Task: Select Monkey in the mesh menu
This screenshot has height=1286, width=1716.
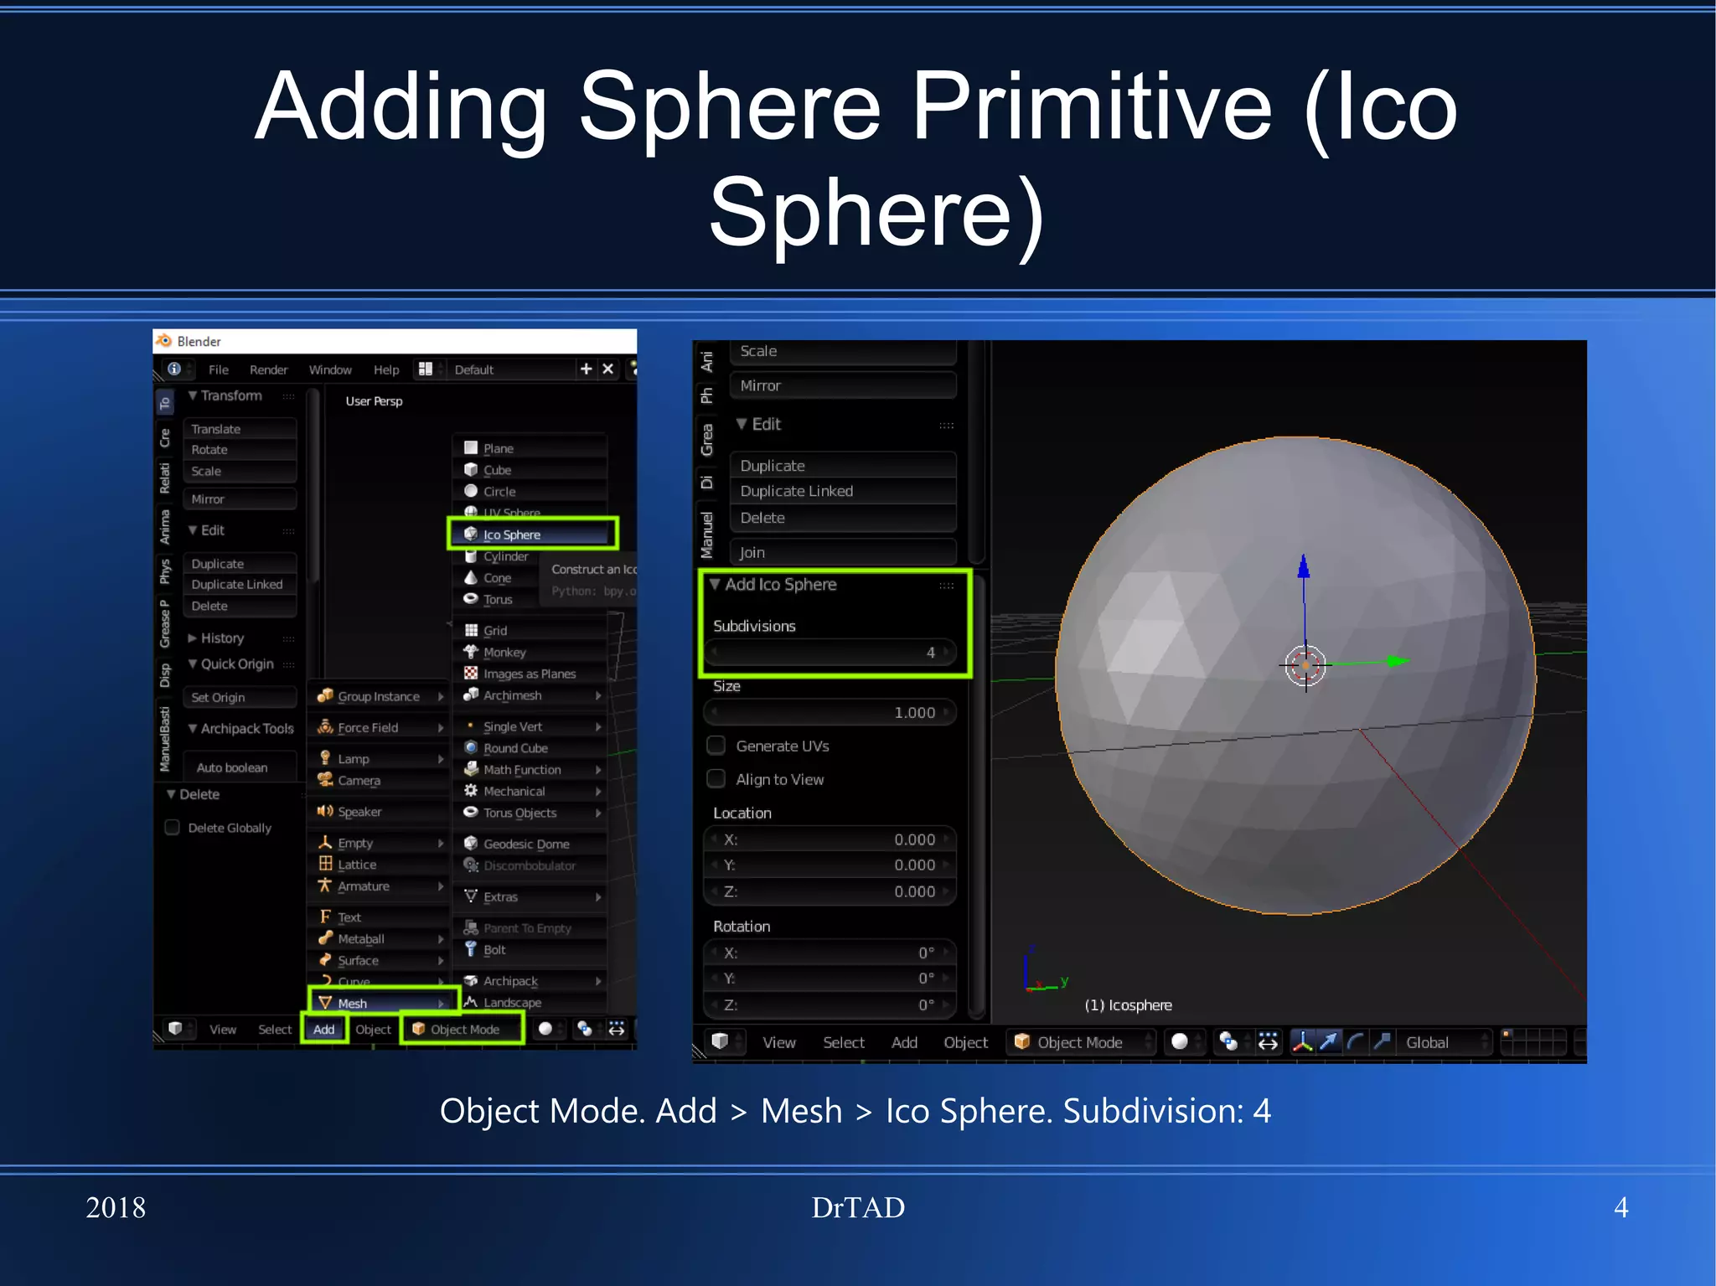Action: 504,652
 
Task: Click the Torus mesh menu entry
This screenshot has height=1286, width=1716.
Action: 498,599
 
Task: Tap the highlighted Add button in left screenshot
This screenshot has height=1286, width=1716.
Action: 324,1029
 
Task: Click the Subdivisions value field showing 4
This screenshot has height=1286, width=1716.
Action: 830,652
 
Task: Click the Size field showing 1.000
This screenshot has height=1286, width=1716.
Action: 830,712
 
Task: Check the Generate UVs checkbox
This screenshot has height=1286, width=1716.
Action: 716,746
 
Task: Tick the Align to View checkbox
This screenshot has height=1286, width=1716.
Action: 716,779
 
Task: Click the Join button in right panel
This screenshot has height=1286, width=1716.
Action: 843,552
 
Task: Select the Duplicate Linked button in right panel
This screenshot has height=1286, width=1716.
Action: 843,491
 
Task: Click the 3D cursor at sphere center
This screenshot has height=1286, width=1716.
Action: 1305,667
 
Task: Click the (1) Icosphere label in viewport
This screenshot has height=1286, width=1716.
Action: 1128,1005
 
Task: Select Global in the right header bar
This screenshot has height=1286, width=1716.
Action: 1428,1042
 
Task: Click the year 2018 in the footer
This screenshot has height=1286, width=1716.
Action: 116,1207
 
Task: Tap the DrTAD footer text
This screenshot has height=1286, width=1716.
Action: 858,1207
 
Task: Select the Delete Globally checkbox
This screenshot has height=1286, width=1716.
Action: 173,828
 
